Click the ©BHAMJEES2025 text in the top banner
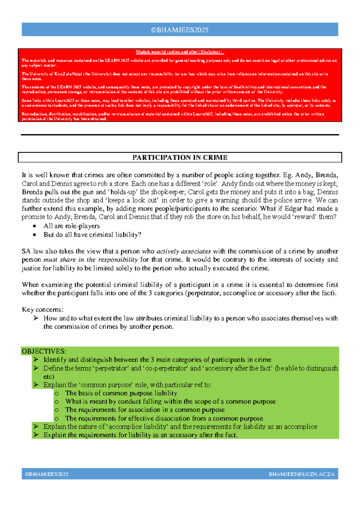(x=180, y=30)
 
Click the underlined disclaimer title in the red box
(x=179, y=52)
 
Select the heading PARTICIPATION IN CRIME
(x=180, y=158)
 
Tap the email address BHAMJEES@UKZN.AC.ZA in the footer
(x=301, y=474)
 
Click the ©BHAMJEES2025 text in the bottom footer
(x=47, y=474)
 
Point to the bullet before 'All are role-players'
(x=35, y=226)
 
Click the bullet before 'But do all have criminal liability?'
(x=35, y=235)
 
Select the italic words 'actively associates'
(x=184, y=251)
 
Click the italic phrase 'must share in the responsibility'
(x=91, y=260)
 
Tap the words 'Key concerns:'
(x=43, y=310)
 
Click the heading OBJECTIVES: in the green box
(x=44, y=351)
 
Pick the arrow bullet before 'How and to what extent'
(x=36, y=318)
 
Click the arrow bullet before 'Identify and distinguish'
(x=36, y=360)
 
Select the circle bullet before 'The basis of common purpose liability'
(x=57, y=393)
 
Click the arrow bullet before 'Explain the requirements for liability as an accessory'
(x=36, y=435)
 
